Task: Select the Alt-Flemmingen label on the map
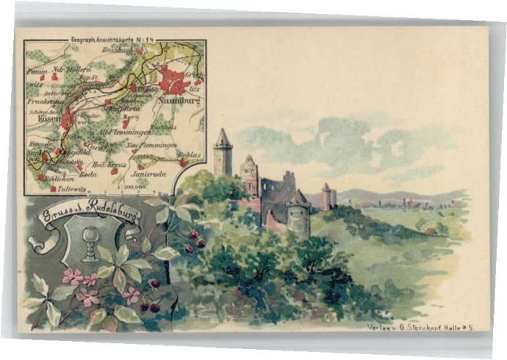point(124,132)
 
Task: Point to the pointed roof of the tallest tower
point(222,137)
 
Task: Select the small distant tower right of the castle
point(327,196)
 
